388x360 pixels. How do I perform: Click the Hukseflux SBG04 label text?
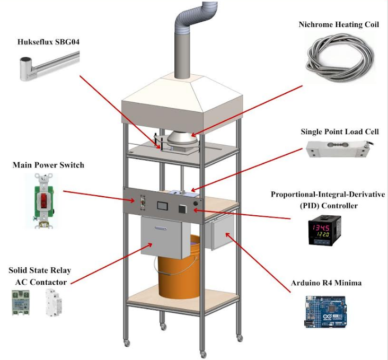point(44,41)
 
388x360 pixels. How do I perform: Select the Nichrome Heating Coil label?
point(337,24)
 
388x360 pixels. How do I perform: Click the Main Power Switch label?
point(48,165)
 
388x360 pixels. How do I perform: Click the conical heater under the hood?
point(180,139)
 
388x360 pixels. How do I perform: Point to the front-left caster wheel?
point(127,343)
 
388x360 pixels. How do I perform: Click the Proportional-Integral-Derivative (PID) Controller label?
point(327,199)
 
